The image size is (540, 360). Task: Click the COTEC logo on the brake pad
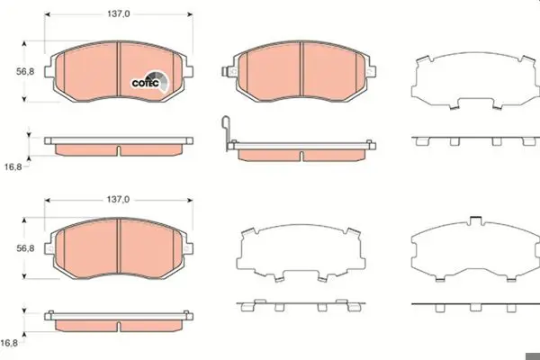click(x=150, y=82)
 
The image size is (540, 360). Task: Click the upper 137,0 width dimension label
click(x=119, y=13)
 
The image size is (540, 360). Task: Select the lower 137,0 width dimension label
click(x=118, y=200)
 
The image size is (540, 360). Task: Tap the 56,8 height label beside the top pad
click(x=25, y=72)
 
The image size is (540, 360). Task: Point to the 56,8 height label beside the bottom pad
click(x=25, y=248)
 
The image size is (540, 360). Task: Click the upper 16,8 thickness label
click(x=13, y=166)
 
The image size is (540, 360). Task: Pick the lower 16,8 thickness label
click(x=9, y=343)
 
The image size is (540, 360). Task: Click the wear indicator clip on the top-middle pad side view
click(x=226, y=132)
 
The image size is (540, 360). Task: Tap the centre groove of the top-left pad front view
click(x=119, y=69)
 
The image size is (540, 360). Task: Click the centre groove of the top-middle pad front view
click(x=301, y=69)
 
